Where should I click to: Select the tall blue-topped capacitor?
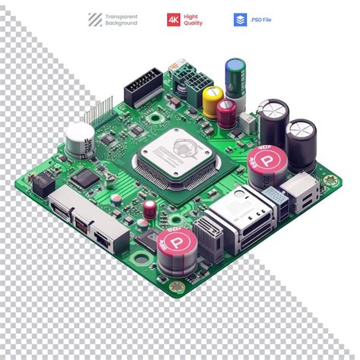coord(235,77)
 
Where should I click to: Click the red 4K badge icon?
coord(174,20)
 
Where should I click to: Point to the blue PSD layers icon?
coord(240,20)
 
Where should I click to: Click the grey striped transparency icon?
coord(95,20)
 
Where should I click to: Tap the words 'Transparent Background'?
coord(122,20)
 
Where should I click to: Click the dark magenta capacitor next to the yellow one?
coord(226,112)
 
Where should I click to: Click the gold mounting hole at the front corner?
coord(176,287)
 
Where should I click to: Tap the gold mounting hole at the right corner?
coord(328,181)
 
